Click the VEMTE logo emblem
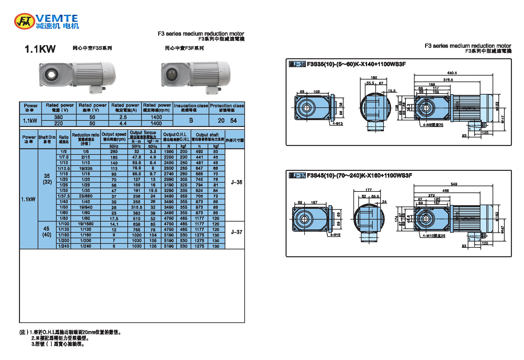coord(25,21)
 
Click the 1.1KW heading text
coord(40,49)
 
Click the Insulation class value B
coord(191,120)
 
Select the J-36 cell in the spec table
coord(236,182)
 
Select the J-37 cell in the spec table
coord(236,232)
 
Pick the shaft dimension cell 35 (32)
coord(47,179)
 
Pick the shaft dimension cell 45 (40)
coord(47,232)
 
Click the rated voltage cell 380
coord(58,117)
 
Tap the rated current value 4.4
coord(123,123)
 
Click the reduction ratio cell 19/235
coord(86,169)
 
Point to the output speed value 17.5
coord(114,219)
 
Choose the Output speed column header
coord(114,136)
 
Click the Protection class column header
coord(227,107)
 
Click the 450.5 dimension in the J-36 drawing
coord(452,73)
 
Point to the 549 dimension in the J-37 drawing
coord(454,184)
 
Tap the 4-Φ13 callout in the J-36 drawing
coord(337,124)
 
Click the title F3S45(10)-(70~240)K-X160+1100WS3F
coord(359,176)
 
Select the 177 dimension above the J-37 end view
coord(368,190)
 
